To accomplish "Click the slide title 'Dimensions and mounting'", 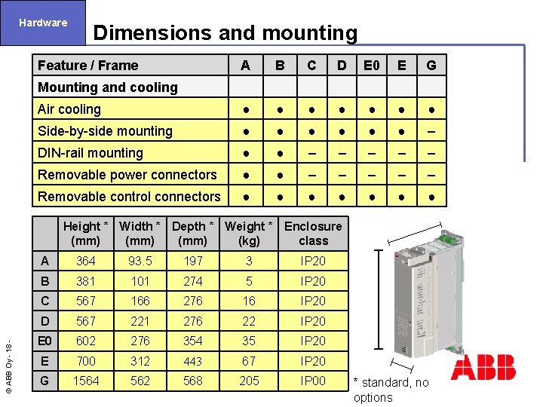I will click(225, 33).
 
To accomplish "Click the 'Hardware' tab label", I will click(43, 23).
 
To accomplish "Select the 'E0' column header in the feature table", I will click(371, 66).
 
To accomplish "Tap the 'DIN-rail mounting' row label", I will click(90, 153).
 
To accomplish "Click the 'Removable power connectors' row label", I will click(127, 175).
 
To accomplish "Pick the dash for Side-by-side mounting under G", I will click(431, 131).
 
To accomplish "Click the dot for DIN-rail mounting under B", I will click(280, 153).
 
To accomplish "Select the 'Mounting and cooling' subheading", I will click(108, 87).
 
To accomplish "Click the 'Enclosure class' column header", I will click(313, 234).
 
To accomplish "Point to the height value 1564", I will click(85, 381).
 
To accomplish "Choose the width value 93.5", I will click(140, 261).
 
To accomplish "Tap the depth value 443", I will click(193, 361).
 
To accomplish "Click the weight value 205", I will click(249, 381).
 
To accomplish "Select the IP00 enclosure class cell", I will click(313, 381).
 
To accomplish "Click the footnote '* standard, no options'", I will click(391, 390).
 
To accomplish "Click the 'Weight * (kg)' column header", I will click(249, 234).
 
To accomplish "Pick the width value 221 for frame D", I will click(140, 321).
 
